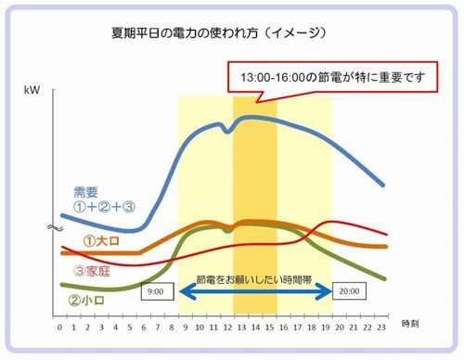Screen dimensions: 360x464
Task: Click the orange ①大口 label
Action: point(97,241)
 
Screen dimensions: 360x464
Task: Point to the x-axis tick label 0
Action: point(59,328)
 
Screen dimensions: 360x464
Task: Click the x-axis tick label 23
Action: point(382,328)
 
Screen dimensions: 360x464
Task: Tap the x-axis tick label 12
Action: point(227,328)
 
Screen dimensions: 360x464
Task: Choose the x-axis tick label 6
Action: point(143,328)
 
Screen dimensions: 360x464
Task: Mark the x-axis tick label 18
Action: point(312,328)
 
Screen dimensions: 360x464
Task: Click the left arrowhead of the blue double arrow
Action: point(183,291)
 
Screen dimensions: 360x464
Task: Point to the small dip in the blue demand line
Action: point(227,131)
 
